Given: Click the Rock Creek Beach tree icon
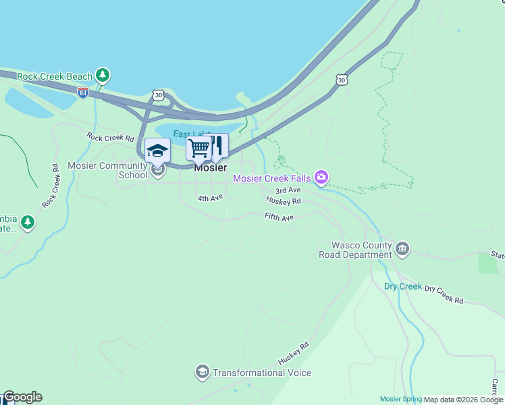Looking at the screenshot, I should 102,75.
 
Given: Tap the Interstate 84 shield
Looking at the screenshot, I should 83,92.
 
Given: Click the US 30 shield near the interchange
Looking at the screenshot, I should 158,96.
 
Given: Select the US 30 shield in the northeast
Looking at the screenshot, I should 340,80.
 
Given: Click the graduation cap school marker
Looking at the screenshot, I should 157,151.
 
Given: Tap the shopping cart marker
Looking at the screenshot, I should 198,148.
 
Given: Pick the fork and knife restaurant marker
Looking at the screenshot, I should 217,145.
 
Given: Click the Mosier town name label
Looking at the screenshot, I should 210,168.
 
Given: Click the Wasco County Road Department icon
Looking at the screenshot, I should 402,249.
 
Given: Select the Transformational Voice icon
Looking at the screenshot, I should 202,372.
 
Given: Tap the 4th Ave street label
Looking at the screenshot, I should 210,198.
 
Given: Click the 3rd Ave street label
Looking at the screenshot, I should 288,190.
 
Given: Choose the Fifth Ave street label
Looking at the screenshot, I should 280,217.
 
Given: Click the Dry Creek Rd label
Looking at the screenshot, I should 444,294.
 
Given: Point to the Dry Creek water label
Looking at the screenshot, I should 403,286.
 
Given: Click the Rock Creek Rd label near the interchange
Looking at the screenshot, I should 111,137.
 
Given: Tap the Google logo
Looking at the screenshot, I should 22,397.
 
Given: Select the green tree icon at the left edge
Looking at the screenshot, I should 27,221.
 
